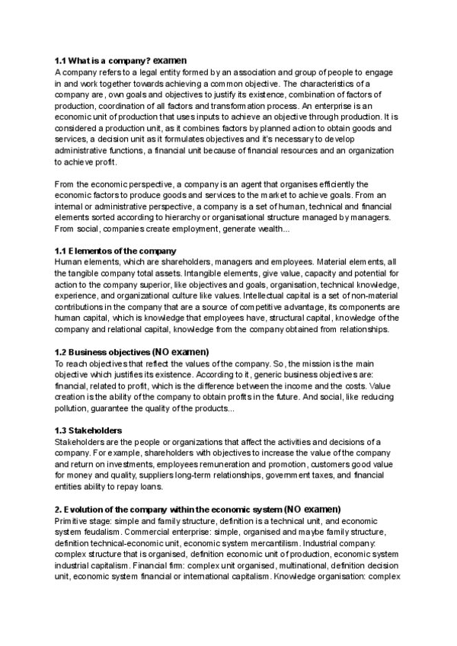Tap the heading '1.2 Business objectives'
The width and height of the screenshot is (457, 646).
pyautogui.click(x=101, y=353)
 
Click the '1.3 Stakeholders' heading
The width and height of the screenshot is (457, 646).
pyautogui.click(x=88, y=430)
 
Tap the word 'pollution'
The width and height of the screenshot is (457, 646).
pyautogui.click(x=73, y=410)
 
